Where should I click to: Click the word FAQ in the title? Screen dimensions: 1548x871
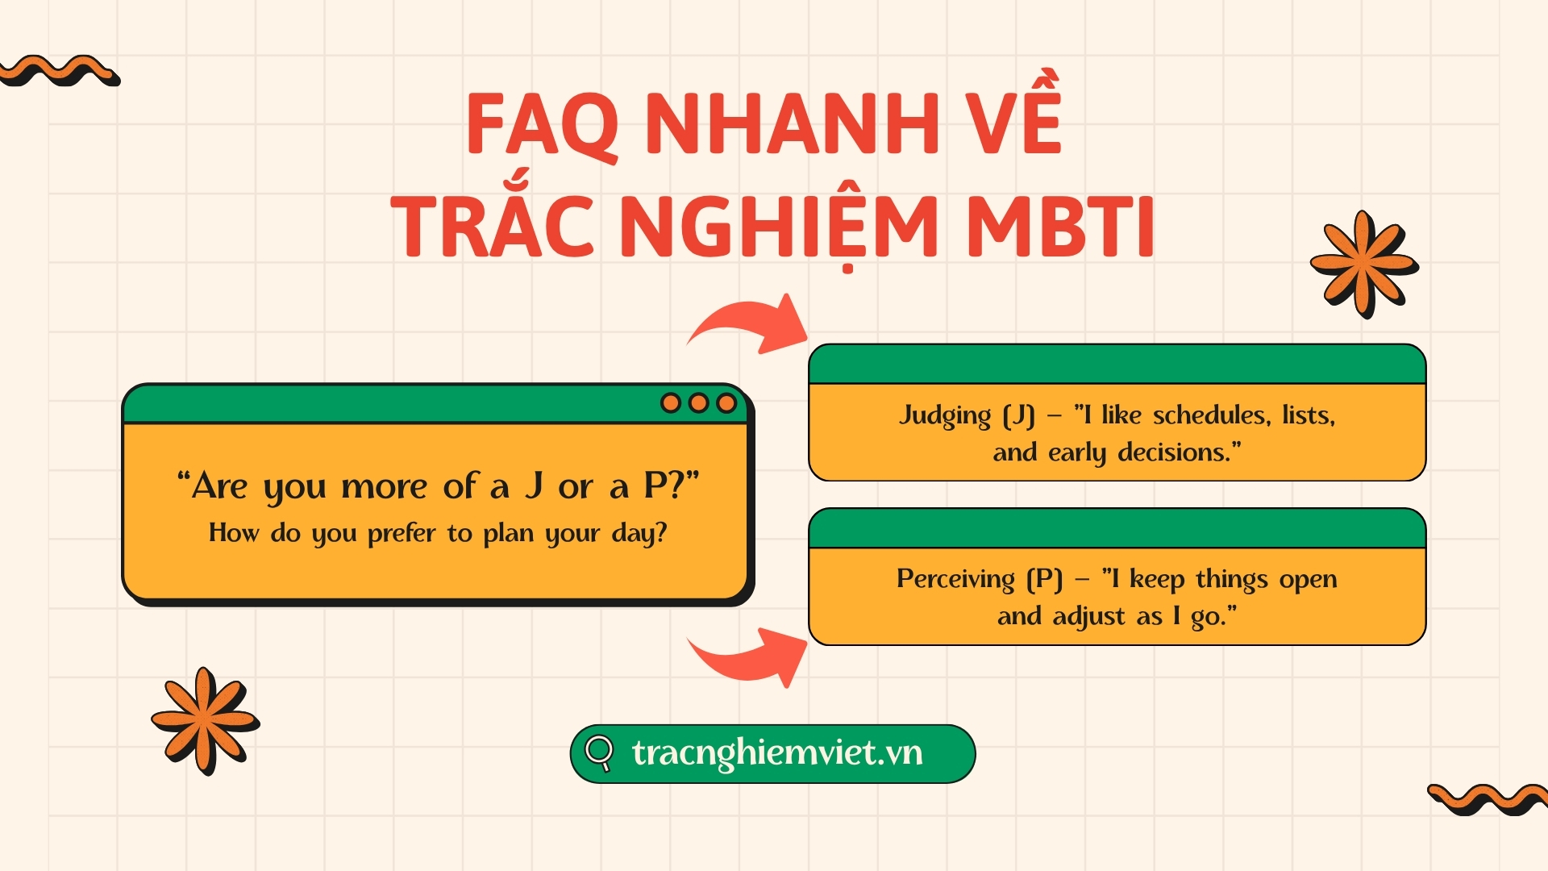click(543, 126)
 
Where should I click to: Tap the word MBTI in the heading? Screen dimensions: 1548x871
click(1060, 227)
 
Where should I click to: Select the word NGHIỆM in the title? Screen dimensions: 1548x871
click(779, 231)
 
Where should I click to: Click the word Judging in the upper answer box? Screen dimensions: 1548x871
click(945, 416)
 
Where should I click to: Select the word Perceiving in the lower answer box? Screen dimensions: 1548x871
click(955, 579)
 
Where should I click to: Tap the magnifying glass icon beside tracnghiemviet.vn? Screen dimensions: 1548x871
click(599, 753)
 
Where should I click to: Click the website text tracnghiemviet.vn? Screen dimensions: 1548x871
click(777, 753)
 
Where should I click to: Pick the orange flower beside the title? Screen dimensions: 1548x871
click(1364, 264)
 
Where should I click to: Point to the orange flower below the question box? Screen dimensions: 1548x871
click(205, 720)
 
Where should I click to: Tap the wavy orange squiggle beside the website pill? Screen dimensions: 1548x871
click(1488, 799)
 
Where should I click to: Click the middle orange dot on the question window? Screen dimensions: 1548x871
click(698, 402)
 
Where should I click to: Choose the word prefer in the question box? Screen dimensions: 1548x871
click(402, 533)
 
